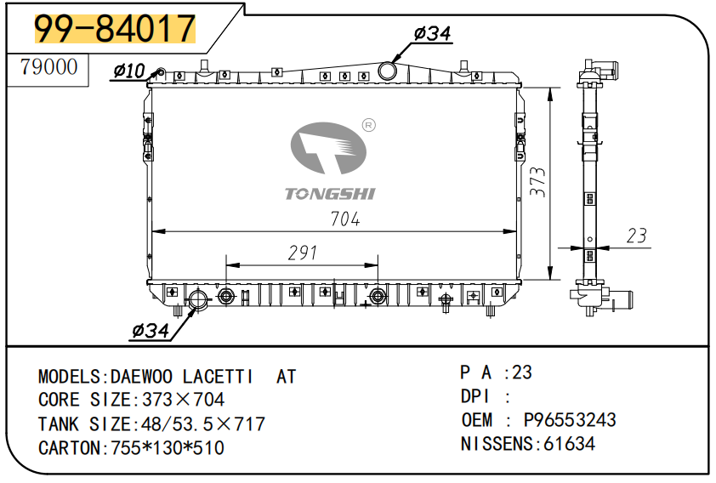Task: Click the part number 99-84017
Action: click(x=115, y=28)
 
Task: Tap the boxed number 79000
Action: click(x=48, y=67)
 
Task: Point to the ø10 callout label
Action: click(x=128, y=71)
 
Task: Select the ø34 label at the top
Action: click(x=432, y=33)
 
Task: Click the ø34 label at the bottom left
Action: click(x=151, y=331)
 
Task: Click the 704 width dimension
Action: click(x=344, y=219)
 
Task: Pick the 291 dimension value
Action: click(x=302, y=253)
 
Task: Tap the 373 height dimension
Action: click(x=538, y=182)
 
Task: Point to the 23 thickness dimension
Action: click(x=637, y=236)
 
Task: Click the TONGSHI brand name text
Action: click(x=330, y=194)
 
